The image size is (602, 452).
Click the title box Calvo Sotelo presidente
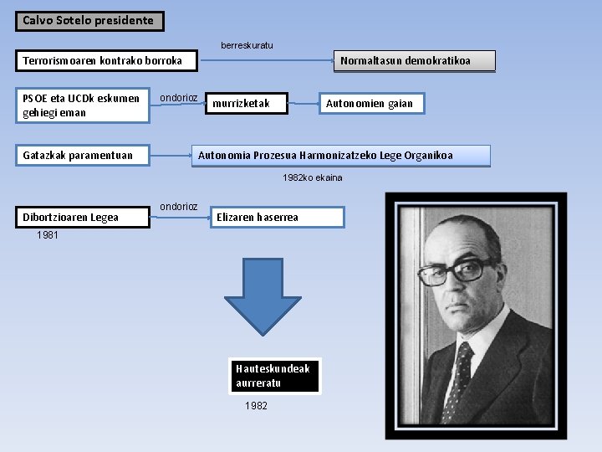[89, 20]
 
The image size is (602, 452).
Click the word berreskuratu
[247, 45]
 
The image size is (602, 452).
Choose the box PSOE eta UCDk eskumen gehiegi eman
[82, 105]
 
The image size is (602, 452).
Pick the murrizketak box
[247, 104]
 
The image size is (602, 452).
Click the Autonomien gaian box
[370, 104]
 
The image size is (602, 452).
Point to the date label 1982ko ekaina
[312, 178]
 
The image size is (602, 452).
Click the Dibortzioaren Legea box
[82, 218]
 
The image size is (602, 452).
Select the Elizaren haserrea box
[277, 218]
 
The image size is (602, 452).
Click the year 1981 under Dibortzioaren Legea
[48, 236]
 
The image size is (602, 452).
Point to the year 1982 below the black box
[256, 406]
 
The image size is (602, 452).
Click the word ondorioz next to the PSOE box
[179, 98]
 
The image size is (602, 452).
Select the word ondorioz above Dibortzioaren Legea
[179, 207]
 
